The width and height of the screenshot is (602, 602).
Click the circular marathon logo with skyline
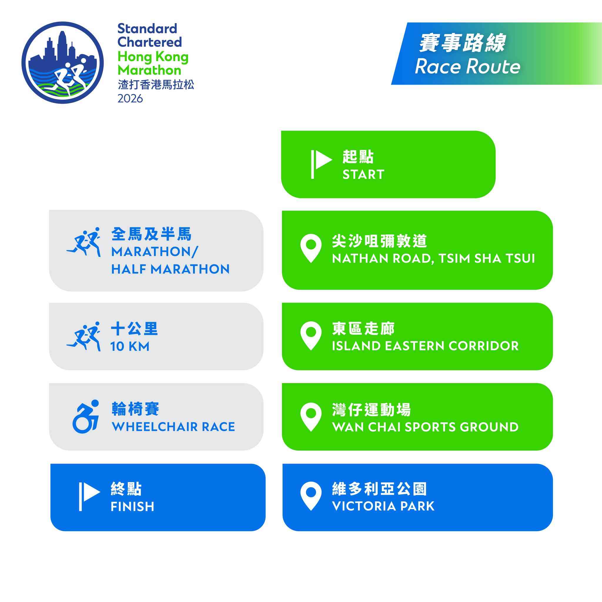click(x=63, y=63)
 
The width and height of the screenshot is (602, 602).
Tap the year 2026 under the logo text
click(x=130, y=98)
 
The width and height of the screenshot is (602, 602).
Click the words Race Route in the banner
click(x=467, y=67)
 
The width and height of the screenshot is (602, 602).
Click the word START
click(x=363, y=175)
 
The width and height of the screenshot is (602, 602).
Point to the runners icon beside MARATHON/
click(x=83, y=242)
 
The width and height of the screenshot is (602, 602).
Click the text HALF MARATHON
click(x=170, y=269)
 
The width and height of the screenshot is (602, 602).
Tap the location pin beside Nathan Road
click(x=311, y=248)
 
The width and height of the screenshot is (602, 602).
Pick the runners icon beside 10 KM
click(x=83, y=337)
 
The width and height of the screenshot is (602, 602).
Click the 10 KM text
click(x=130, y=347)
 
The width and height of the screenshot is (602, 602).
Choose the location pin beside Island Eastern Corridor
click(x=311, y=336)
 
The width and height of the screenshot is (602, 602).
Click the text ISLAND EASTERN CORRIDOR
click(x=425, y=346)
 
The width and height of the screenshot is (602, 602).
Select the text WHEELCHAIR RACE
click(x=173, y=427)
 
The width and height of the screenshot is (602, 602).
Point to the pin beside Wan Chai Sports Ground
click(x=311, y=417)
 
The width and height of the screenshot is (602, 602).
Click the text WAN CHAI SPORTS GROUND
click(x=425, y=427)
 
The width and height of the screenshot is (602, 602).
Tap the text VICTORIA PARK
click(x=383, y=506)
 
